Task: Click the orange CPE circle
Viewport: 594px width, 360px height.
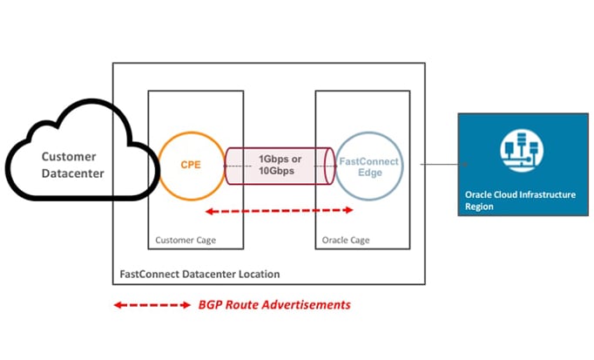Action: [x=191, y=165]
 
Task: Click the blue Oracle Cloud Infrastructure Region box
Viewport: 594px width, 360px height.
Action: [x=520, y=164]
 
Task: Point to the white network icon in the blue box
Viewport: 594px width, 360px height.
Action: [x=520, y=148]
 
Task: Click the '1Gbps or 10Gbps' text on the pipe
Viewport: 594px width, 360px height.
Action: [x=280, y=166]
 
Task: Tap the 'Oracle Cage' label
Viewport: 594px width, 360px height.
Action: [x=347, y=240]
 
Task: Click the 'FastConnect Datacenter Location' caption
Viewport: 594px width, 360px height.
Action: [x=199, y=274]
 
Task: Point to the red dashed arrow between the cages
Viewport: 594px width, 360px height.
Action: [x=279, y=210]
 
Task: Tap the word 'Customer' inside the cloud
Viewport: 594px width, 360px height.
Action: [x=73, y=157]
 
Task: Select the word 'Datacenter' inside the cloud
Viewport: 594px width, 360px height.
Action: [x=74, y=174]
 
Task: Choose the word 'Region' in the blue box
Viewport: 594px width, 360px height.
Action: [x=480, y=207]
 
